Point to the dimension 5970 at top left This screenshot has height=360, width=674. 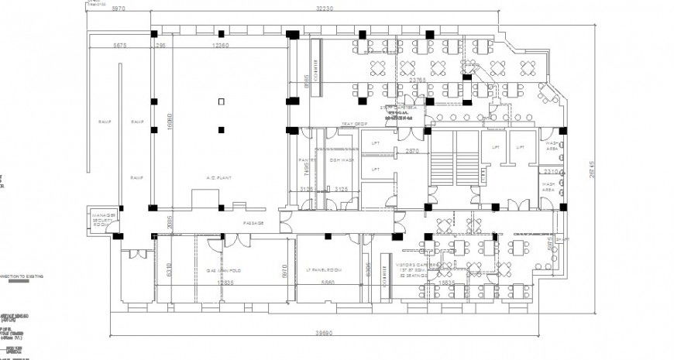119,9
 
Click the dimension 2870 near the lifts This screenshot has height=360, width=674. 412,152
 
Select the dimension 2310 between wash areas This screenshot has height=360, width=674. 552,171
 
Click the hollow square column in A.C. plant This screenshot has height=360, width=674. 222,101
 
